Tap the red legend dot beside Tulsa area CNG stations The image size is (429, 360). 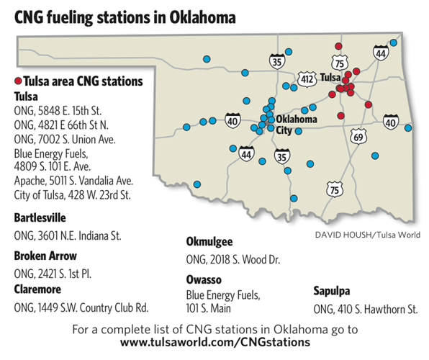(x=18, y=81)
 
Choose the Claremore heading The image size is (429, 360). (x=39, y=289)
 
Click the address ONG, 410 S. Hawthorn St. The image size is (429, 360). (x=366, y=308)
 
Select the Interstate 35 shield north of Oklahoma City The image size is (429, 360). (x=276, y=62)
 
